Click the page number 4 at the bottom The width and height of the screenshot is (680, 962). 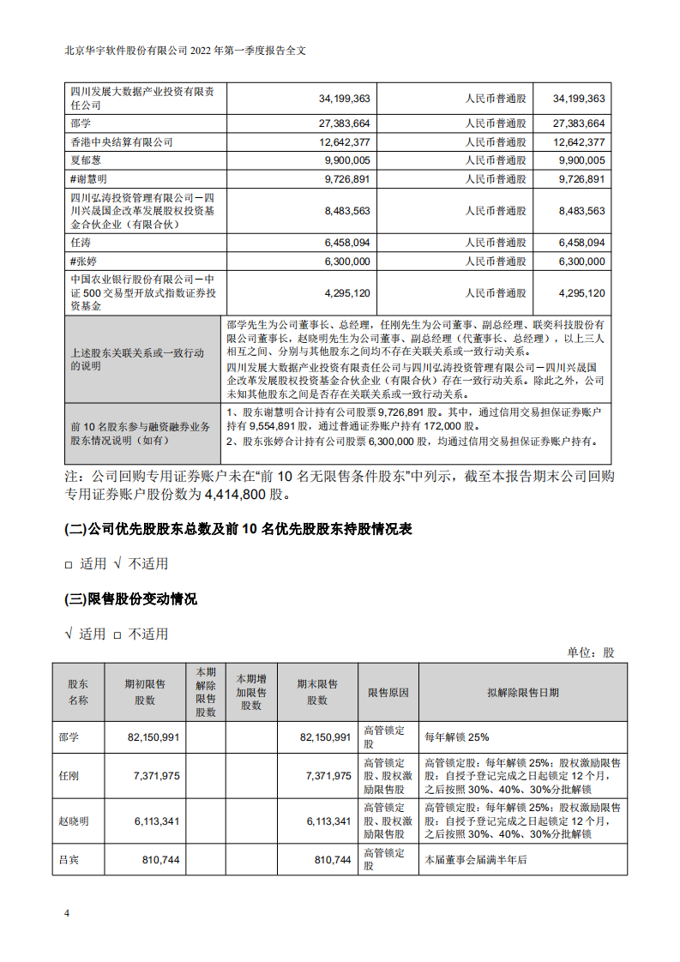coord(67,912)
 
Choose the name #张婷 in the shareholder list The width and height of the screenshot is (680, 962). coord(87,262)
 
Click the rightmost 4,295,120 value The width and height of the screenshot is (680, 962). coord(581,292)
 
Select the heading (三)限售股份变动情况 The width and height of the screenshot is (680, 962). coord(131,599)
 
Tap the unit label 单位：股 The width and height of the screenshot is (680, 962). coord(591,652)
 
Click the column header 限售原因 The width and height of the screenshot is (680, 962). coord(388,692)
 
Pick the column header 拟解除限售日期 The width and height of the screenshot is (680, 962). coord(523,692)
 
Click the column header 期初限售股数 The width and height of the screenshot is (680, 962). coord(145,692)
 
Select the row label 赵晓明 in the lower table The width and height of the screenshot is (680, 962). coord(75,821)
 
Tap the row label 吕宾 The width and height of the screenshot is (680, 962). coord(69,859)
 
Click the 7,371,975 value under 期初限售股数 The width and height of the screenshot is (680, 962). coord(156,775)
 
